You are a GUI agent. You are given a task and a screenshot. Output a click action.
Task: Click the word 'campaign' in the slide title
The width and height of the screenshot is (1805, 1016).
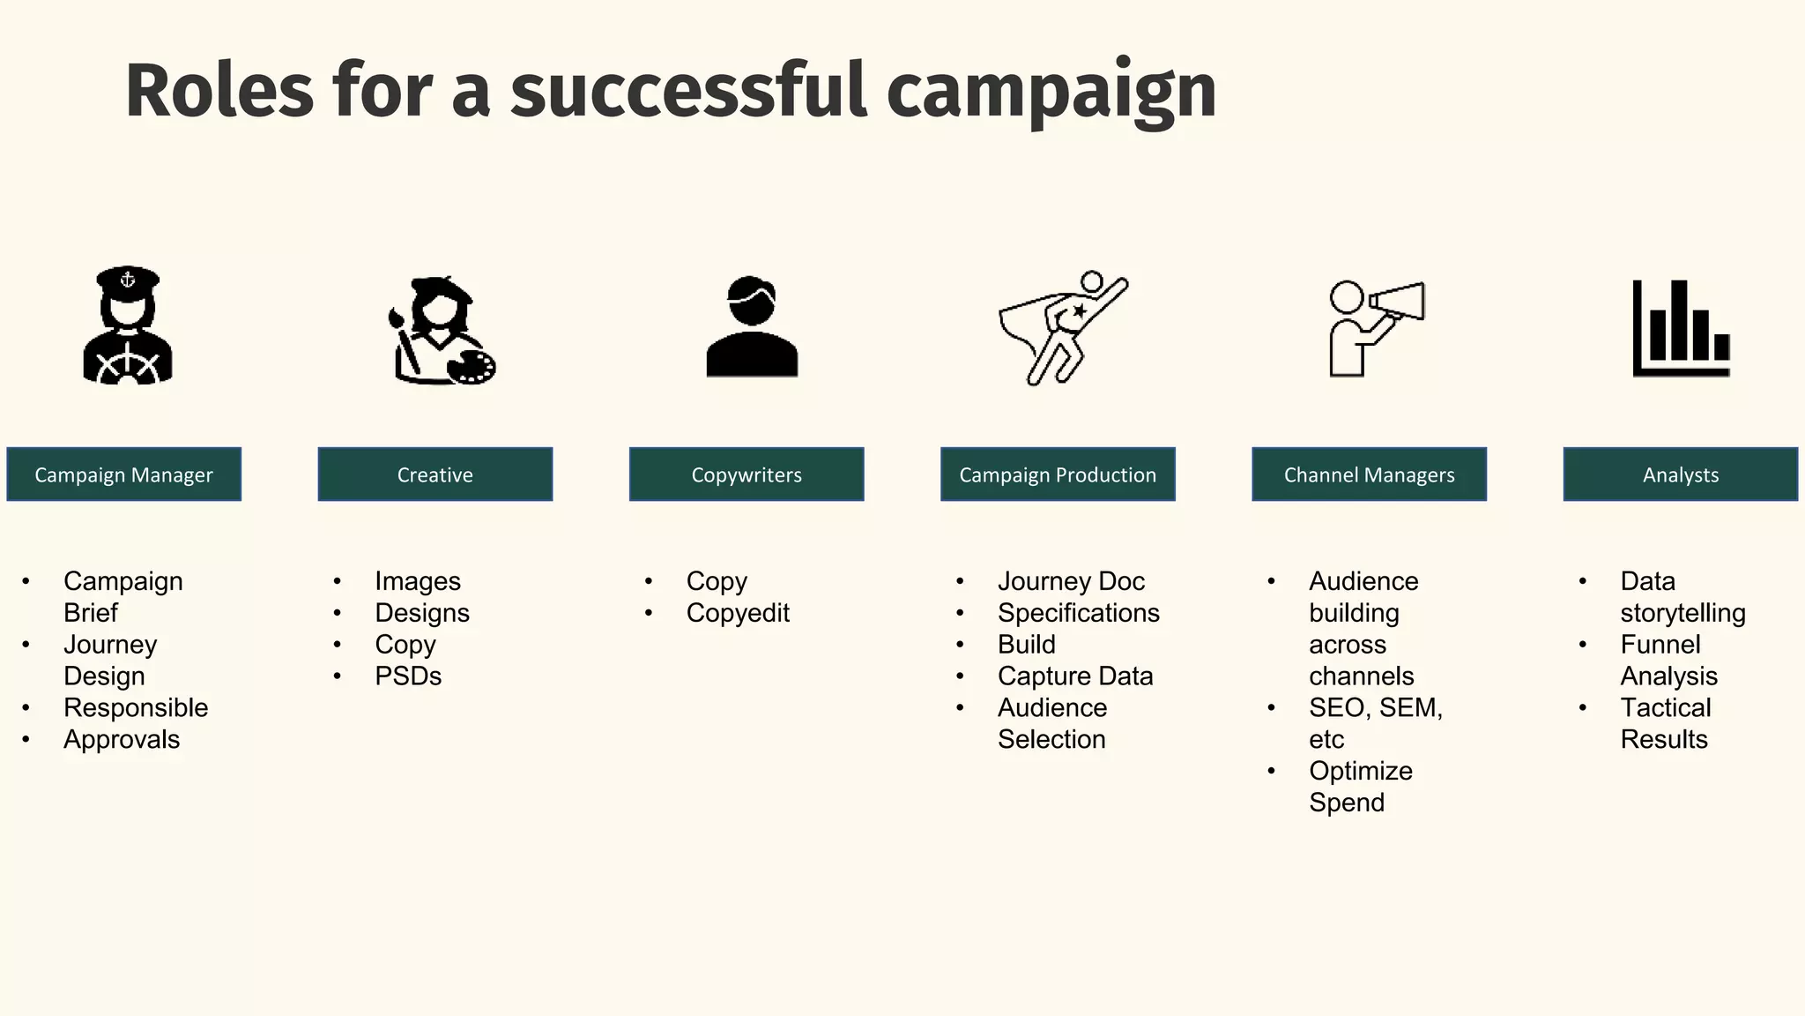pyautogui.click(x=1051, y=92)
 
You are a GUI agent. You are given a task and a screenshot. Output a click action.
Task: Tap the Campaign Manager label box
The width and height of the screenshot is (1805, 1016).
pyautogui.click(x=123, y=474)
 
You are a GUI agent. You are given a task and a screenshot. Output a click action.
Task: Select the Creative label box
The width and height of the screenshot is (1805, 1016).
pyautogui.click(x=435, y=474)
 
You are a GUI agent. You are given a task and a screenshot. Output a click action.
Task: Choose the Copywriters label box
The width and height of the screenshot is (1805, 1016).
pyautogui.click(x=747, y=474)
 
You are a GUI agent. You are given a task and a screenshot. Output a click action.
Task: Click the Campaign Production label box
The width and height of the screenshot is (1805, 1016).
pyautogui.click(x=1058, y=474)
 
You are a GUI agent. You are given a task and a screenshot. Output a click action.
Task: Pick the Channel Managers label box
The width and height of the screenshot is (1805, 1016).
pyautogui.click(x=1369, y=474)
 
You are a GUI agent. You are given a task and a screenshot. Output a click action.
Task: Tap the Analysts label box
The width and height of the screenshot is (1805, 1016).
pyautogui.click(x=1680, y=474)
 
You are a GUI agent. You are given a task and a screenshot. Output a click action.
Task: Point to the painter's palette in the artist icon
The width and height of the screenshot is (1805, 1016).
pyautogui.click(x=472, y=367)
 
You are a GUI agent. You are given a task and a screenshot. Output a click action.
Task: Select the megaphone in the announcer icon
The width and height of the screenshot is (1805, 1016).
pyautogui.click(x=1399, y=302)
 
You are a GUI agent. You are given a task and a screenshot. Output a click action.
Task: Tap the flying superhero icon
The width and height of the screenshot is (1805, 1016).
pyautogui.click(x=1062, y=326)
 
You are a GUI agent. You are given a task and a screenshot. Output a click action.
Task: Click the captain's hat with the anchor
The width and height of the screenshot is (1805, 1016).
pyautogui.click(x=128, y=280)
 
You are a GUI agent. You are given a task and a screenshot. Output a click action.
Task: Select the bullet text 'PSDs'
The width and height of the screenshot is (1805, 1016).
pyautogui.click(x=408, y=676)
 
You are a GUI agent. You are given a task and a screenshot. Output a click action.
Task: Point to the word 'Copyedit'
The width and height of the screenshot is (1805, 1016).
pyautogui.click(x=738, y=613)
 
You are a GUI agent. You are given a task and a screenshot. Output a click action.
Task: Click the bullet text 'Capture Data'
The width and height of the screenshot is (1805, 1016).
pyautogui.click(x=1075, y=676)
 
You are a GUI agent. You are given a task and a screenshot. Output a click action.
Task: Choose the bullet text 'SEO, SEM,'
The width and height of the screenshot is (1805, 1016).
pyautogui.click(x=1375, y=708)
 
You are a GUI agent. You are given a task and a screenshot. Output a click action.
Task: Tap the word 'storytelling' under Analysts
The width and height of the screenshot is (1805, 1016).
pyautogui.click(x=1682, y=613)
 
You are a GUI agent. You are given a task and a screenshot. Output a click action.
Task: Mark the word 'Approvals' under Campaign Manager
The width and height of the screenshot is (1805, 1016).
pyautogui.click(x=122, y=740)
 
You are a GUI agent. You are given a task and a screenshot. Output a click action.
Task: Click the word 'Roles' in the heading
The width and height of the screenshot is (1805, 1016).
pyautogui.click(x=219, y=92)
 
